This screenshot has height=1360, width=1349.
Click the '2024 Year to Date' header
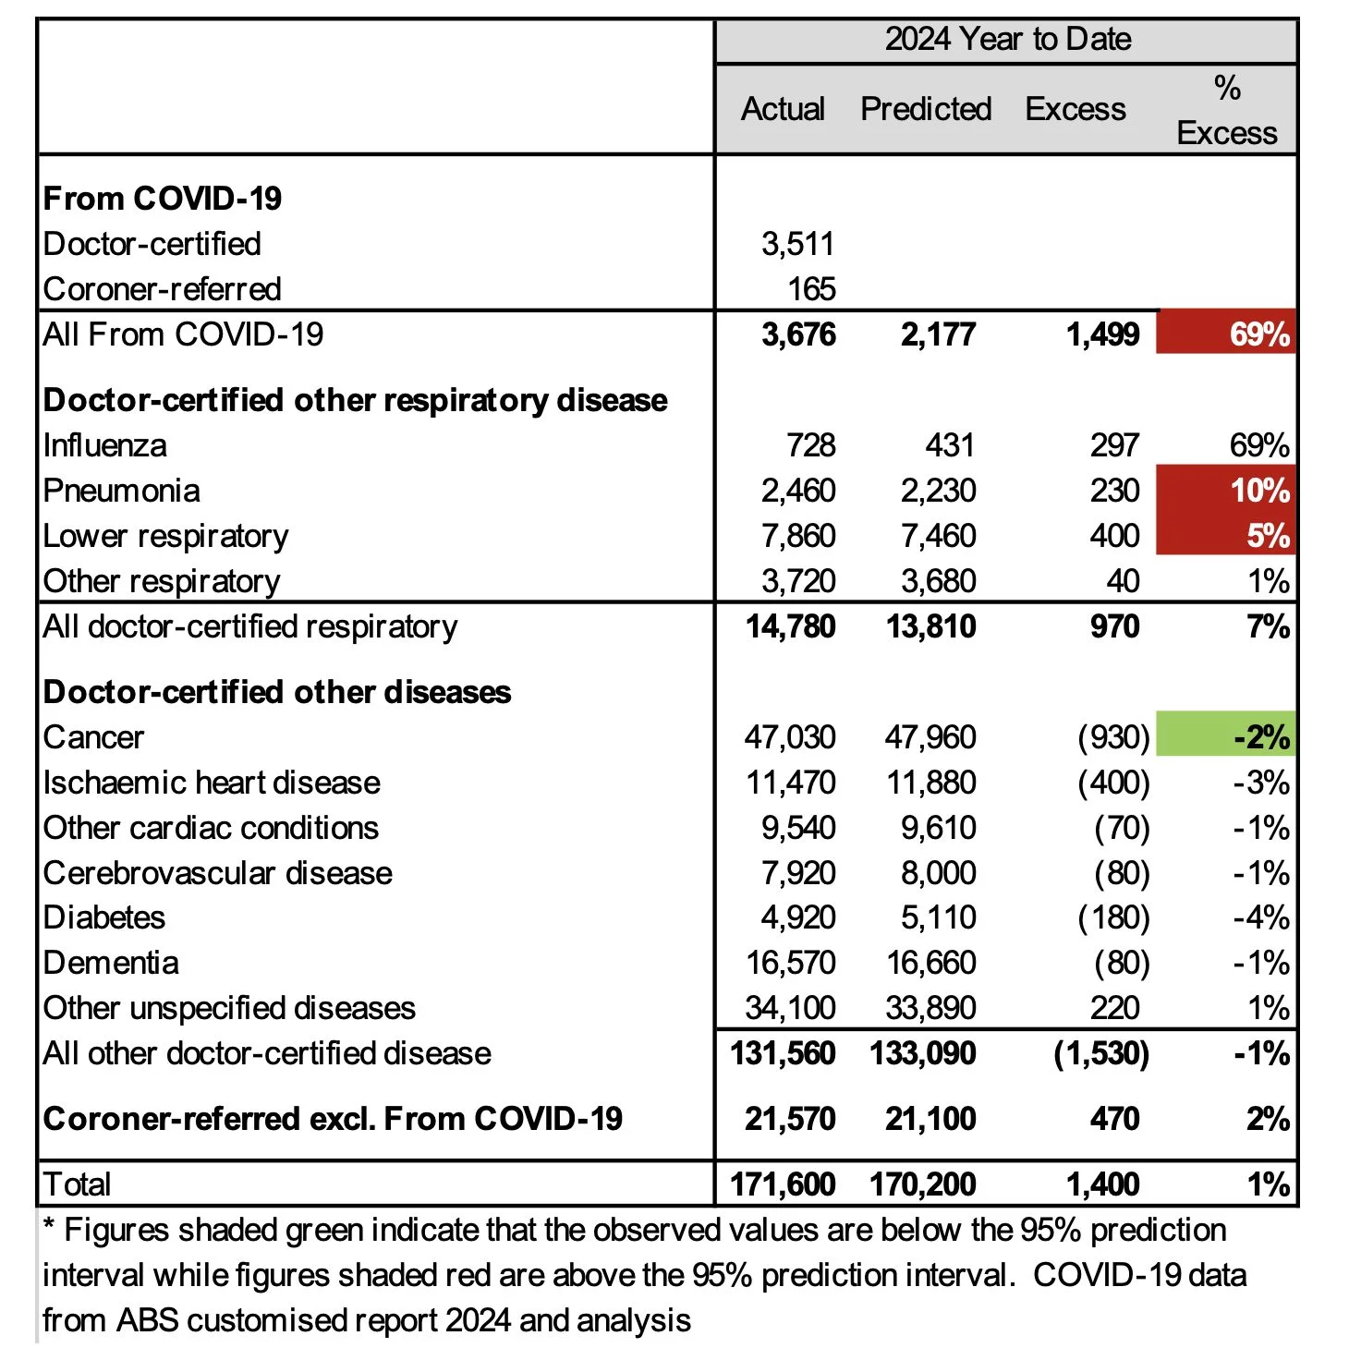(x=1007, y=40)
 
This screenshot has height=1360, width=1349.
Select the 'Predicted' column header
(x=925, y=109)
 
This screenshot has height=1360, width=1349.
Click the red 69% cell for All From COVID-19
(x=1226, y=334)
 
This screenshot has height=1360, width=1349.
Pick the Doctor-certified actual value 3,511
(x=797, y=244)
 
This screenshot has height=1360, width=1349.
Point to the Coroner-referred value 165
(x=811, y=289)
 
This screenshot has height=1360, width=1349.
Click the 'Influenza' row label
(x=105, y=445)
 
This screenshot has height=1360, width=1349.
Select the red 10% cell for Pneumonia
(x=1226, y=491)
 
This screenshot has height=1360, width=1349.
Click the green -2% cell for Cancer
(x=1226, y=737)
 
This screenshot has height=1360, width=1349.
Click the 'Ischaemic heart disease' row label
(x=212, y=783)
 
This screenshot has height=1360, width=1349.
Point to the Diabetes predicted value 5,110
(x=938, y=917)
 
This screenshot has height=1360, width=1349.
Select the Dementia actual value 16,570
(x=790, y=963)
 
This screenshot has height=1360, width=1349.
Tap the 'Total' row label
(x=78, y=1184)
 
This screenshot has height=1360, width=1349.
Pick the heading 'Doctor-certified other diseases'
(x=277, y=692)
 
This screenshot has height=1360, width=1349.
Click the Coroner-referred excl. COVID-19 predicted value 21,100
(x=930, y=1119)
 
